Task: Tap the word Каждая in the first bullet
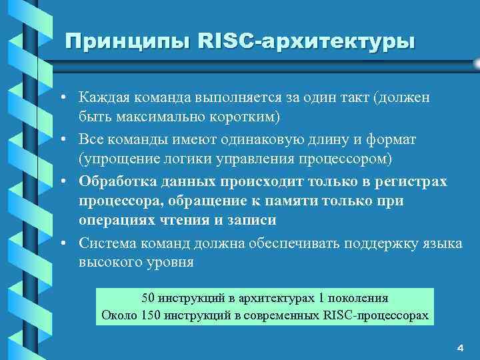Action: click(x=103, y=98)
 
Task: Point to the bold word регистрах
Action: click(x=413, y=182)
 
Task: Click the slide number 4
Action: click(x=460, y=348)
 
